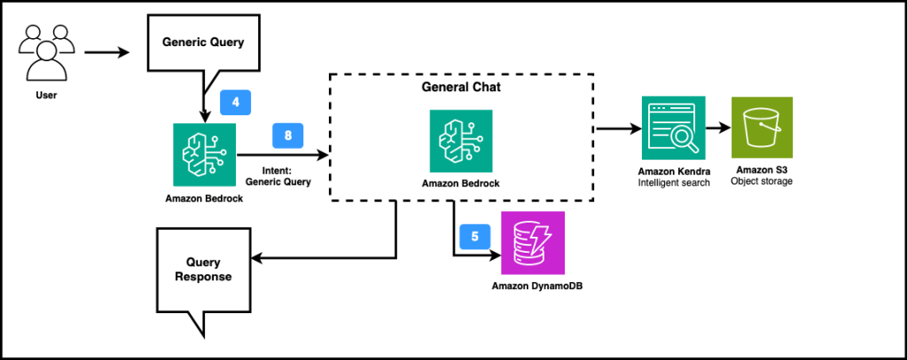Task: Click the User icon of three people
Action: [43, 52]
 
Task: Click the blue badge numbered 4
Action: [235, 102]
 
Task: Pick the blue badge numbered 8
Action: [288, 135]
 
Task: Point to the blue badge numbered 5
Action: [474, 237]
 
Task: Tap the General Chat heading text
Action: [460, 89]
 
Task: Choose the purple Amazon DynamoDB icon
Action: [532, 244]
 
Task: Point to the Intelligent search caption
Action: [673, 183]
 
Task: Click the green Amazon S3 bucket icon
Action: [762, 128]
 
